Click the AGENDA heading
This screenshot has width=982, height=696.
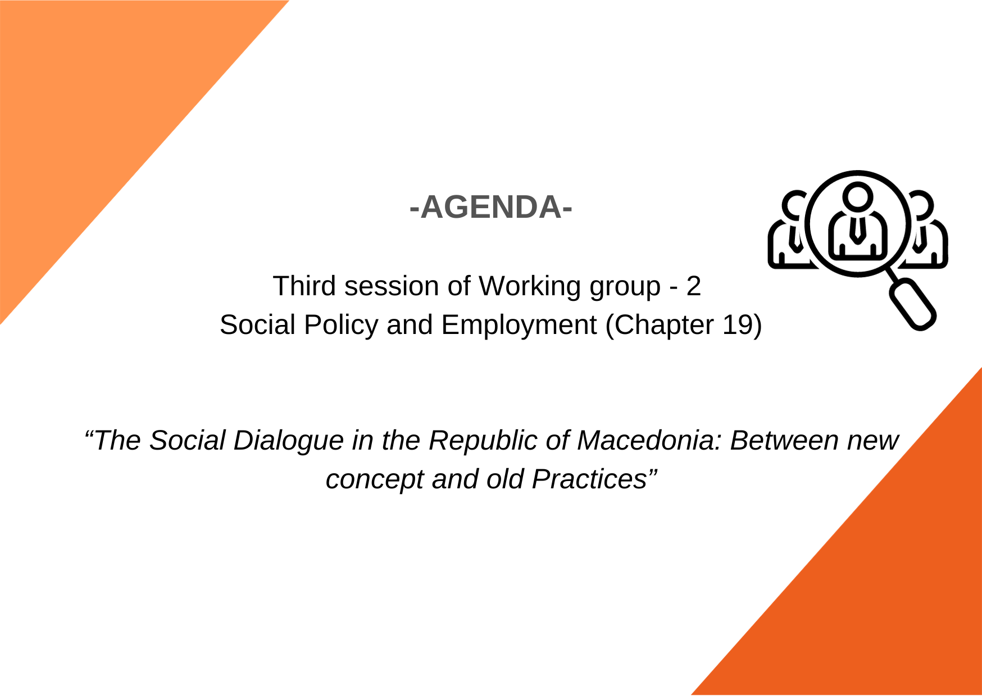pyautogui.click(x=491, y=207)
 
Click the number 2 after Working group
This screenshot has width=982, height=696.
pyautogui.click(x=693, y=286)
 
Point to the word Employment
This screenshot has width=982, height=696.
pyautogui.click(x=519, y=326)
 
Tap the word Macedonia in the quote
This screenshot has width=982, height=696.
pyautogui.click(x=649, y=440)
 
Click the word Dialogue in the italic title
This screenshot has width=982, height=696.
pyautogui.click(x=288, y=441)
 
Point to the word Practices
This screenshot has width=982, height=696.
pyautogui.click(x=589, y=479)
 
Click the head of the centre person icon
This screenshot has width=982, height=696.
pyautogui.click(x=857, y=197)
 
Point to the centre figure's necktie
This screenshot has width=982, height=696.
pyautogui.click(x=857, y=228)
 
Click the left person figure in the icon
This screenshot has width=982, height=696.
pyautogui.click(x=787, y=230)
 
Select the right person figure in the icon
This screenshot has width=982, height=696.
pyautogui.click(x=928, y=230)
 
